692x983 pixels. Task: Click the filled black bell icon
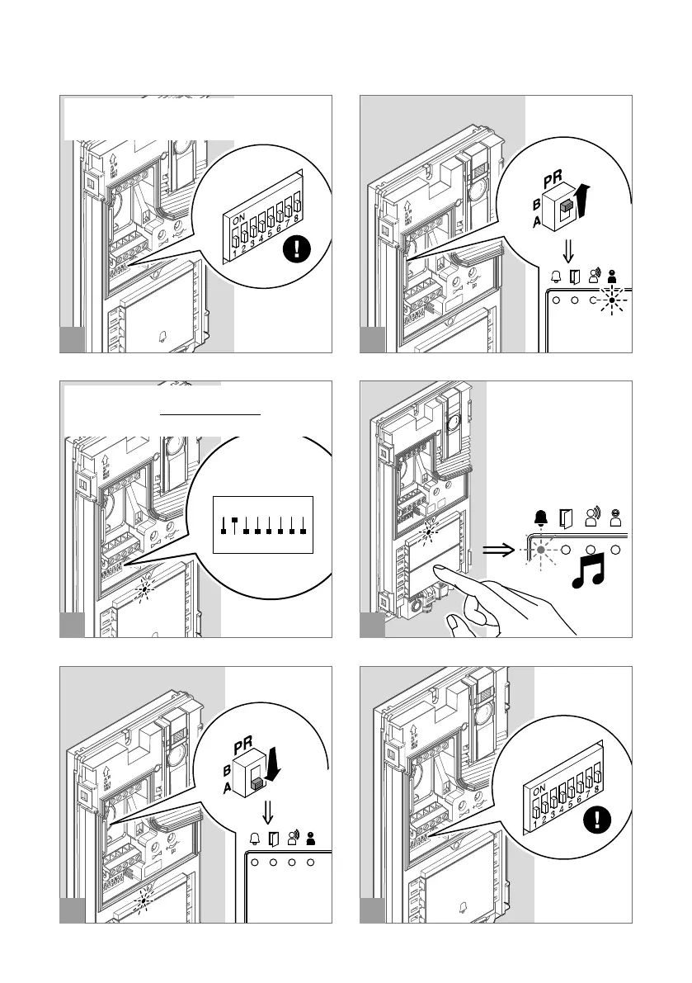540,518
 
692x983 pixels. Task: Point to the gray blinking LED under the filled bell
540,550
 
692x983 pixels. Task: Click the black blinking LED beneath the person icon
611,301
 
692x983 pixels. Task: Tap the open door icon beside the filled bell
566,518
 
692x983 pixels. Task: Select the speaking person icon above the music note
592,517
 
